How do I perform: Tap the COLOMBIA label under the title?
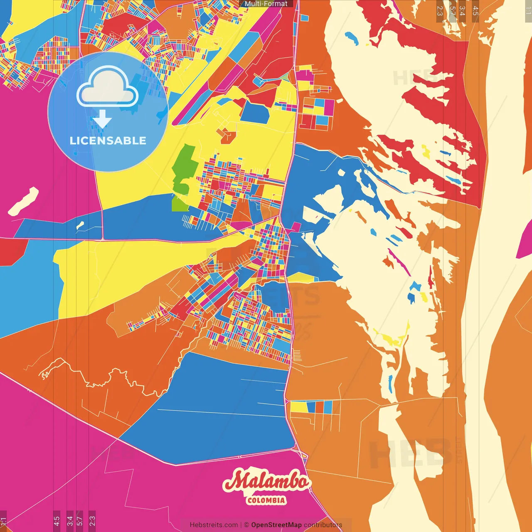pyautogui.click(x=266, y=500)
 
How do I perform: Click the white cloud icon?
pyautogui.click(x=107, y=88)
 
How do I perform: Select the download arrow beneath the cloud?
pyautogui.click(x=102, y=120)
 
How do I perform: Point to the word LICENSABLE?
pyautogui.click(x=108, y=140)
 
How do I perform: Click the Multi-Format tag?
pyautogui.click(x=266, y=4)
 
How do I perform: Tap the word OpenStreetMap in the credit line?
pyautogui.click(x=276, y=525)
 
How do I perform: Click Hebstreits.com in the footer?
pyautogui.click(x=214, y=525)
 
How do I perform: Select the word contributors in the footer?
pyautogui.click(x=323, y=525)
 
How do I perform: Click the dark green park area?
pyautogui.click(x=185, y=166)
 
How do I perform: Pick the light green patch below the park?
pyautogui.click(x=180, y=204)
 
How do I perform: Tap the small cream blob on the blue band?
pyautogui.click(x=80, y=225)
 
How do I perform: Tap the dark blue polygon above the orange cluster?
pyautogui.click(x=254, y=111)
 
